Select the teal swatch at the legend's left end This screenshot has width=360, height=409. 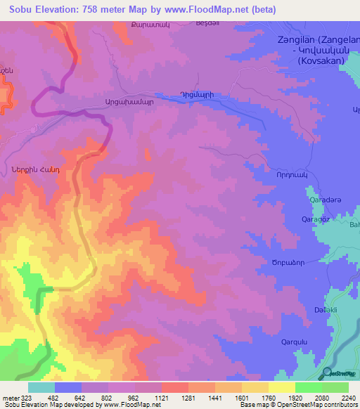pyautogui.click(x=41, y=387)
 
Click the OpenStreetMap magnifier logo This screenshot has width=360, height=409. pyautogui.click(x=327, y=372)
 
